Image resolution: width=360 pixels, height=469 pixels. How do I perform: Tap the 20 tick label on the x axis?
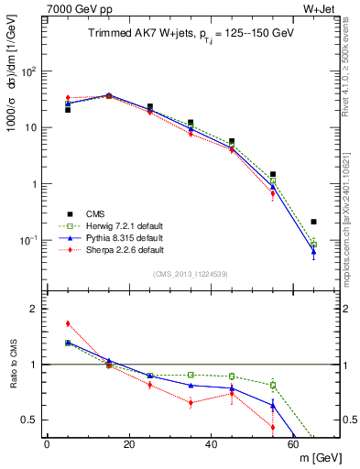[128, 444]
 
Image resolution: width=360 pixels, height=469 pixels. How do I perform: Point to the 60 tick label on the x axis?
[293, 444]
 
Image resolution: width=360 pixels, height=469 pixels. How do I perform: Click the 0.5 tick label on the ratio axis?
[30, 420]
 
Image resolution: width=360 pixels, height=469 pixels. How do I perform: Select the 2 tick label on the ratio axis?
[35, 310]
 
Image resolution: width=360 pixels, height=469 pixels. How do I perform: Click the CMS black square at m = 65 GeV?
[314, 222]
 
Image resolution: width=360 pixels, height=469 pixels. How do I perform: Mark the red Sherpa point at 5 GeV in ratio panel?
[68, 323]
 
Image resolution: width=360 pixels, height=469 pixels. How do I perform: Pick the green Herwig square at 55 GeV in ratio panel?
[273, 385]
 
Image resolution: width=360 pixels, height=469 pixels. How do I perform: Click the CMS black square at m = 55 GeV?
[273, 174]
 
